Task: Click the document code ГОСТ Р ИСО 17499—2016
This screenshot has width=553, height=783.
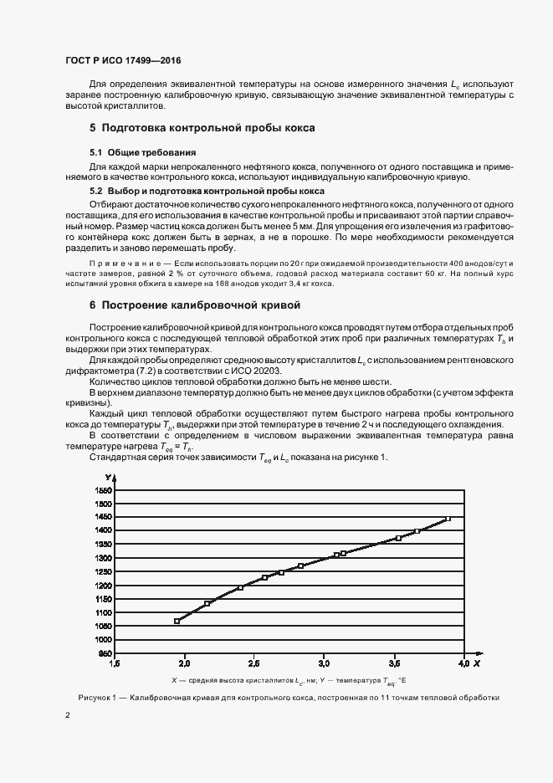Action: (122, 61)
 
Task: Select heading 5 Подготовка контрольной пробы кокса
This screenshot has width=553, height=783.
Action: (202, 128)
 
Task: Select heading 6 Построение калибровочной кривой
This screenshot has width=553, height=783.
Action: (194, 305)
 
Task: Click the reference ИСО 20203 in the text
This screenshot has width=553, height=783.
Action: (259, 370)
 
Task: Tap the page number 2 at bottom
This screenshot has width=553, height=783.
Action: (67, 715)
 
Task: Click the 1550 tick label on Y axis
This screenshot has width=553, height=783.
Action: (104, 490)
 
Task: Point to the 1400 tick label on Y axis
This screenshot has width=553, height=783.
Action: (104, 530)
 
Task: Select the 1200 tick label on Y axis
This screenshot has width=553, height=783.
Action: (104, 585)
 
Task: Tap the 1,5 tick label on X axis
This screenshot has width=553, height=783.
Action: (115, 663)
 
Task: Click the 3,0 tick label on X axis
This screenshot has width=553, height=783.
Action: (324, 663)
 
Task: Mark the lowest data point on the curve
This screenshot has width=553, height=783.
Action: (177, 621)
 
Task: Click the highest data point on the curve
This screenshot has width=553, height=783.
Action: (448, 519)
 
